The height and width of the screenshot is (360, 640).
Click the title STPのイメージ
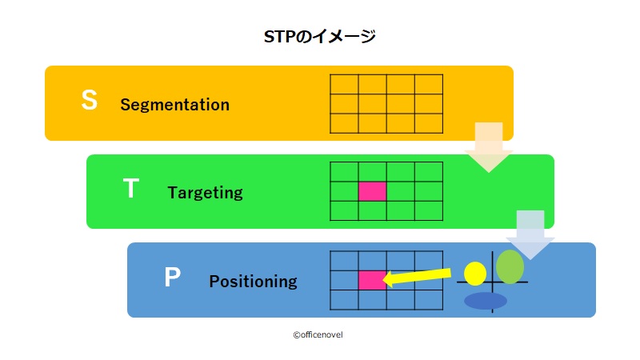point(319,37)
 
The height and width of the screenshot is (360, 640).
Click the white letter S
point(90,100)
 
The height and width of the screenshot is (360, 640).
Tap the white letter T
point(131,188)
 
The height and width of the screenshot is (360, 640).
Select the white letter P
point(172,277)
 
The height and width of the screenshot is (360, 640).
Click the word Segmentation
point(174,105)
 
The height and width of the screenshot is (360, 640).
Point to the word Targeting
point(206,193)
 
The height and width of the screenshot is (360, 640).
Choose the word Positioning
point(253,282)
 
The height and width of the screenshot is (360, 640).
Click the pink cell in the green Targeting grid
point(372,191)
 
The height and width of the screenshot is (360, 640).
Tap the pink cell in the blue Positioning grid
point(372,280)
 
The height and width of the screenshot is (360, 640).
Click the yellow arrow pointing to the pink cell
point(417,278)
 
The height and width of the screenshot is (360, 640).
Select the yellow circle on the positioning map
point(475,274)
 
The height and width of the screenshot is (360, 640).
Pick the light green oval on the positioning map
point(510,266)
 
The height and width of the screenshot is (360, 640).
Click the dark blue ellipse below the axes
point(486,301)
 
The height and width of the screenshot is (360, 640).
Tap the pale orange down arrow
point(489,147)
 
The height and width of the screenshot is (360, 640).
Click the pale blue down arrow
point(530,234)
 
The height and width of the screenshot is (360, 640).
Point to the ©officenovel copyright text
point(318,334)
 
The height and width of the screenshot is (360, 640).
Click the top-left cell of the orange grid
point(345,85)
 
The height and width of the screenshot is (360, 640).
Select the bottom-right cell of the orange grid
point(429,123)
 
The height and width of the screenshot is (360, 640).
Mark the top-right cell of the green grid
point(429,172)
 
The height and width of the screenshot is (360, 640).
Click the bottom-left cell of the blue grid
point(345,299)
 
